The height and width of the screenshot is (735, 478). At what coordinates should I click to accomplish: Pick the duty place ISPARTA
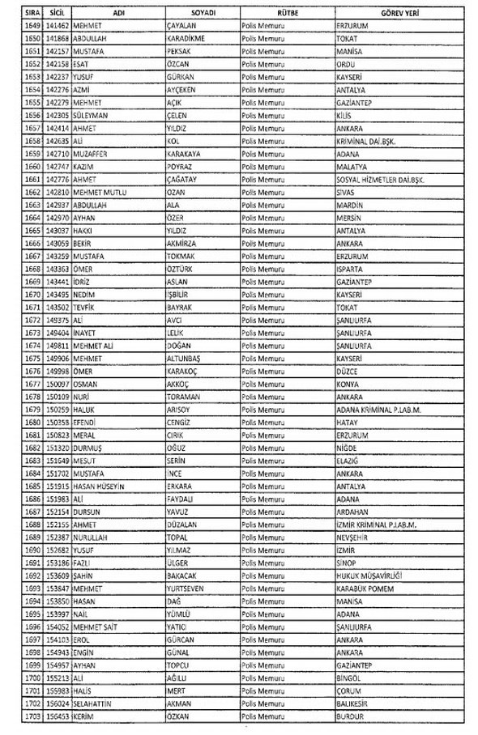pos(349,268)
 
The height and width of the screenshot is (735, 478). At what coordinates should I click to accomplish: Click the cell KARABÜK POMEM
pos(364,588)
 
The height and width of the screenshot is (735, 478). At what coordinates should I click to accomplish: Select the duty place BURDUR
pos(350,716)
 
